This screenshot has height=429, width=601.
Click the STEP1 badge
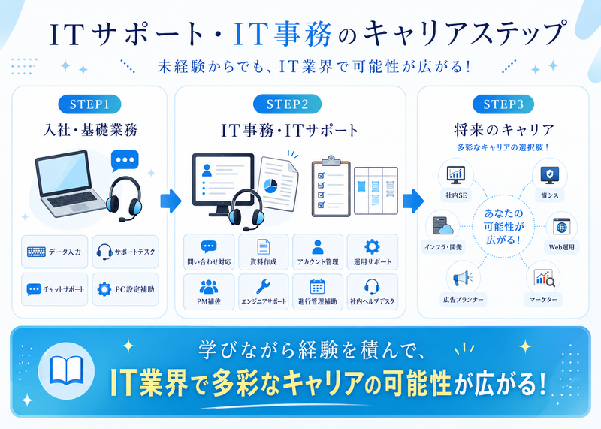[89, 104]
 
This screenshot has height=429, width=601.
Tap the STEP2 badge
[287, 104]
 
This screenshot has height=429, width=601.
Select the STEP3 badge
[503, 104]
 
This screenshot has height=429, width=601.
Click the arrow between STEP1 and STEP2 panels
[171, 201]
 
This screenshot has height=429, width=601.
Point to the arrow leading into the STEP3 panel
[412, 201]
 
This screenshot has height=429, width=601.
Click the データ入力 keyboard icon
[36, 252]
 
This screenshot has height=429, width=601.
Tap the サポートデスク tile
[125, 252]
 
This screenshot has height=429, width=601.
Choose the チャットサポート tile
[54, 289]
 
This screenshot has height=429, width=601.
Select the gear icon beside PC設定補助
[104, 289]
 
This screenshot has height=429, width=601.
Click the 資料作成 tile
[264, 252]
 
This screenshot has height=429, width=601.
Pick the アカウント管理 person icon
[317, 247]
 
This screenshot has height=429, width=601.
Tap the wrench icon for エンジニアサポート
[263, 286]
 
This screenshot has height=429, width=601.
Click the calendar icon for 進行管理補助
[317, 286]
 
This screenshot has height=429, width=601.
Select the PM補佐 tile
[209, 292]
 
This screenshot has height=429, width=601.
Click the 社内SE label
[456, 195]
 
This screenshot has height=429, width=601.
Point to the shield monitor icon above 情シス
[549, 175]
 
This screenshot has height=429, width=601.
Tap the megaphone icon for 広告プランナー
[462, 278]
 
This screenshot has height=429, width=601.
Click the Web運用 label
[561, 247]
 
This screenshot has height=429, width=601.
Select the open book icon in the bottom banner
[67, 370]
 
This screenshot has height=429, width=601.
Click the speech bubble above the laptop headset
[125, 160]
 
